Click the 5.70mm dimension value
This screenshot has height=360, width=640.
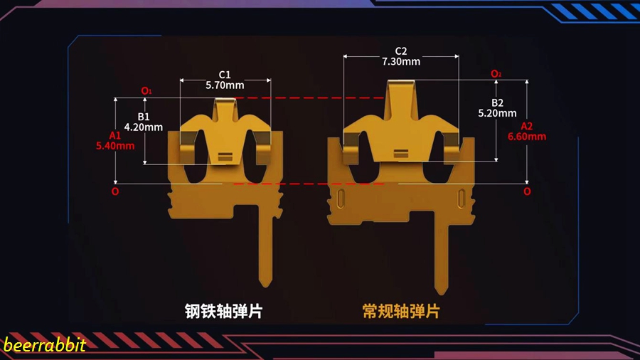tap(225, 85)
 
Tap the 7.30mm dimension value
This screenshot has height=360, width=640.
tap(401, 62)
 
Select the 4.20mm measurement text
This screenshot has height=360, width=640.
tap(144, 127)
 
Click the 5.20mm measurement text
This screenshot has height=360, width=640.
tap(497, 112)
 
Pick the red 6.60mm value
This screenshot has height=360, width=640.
tap(527, 136)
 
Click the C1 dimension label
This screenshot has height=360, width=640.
tap(225, 75)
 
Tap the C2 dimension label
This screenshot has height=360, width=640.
tap(401, 51)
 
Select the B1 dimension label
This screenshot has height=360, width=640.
tap(144, 117)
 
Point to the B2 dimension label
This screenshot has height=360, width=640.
tap(497, 102)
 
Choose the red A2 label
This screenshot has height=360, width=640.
tap(527, 125)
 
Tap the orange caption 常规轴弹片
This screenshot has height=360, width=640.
tap(401, 311)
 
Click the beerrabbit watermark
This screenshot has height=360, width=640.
tap(44, 346)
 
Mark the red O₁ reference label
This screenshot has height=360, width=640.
tap(146, 91)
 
